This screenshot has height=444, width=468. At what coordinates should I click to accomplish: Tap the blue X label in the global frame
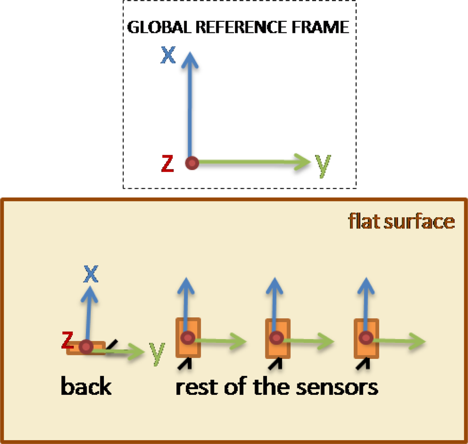point(167,55)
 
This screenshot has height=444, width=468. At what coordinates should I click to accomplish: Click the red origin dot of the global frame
point(191,163)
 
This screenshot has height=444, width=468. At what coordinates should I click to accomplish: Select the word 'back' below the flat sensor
point(86,386)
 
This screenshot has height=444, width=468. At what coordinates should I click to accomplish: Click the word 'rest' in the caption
point(193,387)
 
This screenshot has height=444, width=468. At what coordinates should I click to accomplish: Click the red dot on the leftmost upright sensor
point(188,338)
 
